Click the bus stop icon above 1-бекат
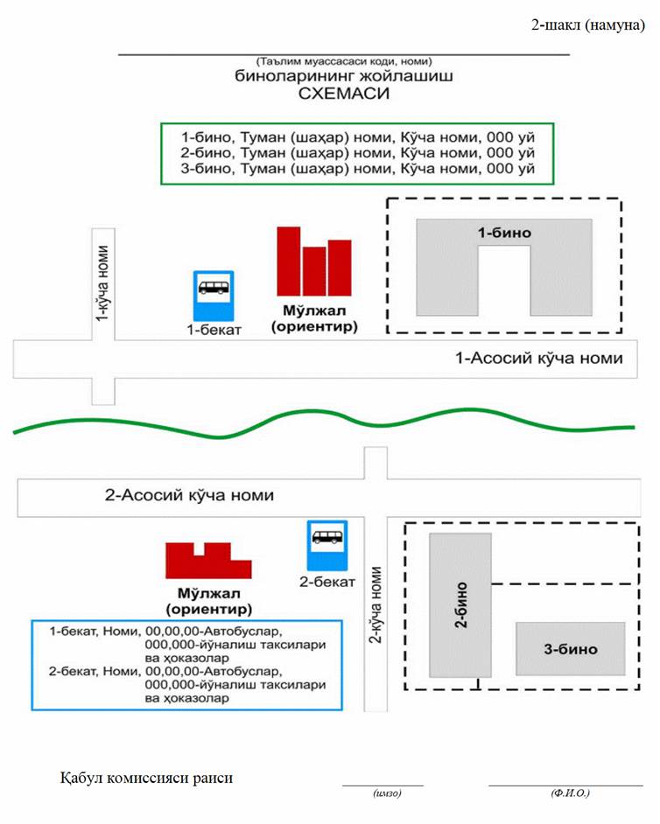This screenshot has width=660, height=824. [214, 295]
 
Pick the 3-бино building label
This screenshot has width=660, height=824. [571, 649]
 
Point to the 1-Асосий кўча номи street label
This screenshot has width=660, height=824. [539, 358]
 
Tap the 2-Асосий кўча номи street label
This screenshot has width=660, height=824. [189, 495]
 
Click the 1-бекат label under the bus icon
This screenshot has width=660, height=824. [214, 330]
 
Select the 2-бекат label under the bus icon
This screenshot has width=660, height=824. [327, 581]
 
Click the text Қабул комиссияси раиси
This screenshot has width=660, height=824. [146, 777]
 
